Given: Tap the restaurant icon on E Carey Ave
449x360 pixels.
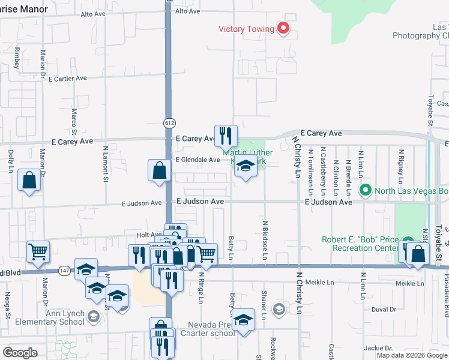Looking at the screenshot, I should [226, 136].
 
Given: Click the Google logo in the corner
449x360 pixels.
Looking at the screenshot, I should [20, 353].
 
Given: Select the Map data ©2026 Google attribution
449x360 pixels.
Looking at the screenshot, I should [411, 355].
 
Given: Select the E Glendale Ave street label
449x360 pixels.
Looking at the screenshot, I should [197, 160].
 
